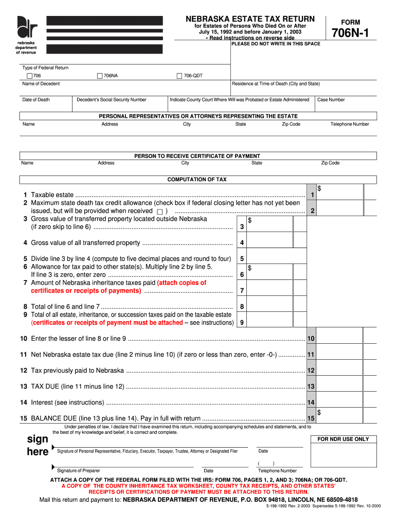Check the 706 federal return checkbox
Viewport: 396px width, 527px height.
[x=29, y=76]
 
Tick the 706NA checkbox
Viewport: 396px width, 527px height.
[x=100, y=76]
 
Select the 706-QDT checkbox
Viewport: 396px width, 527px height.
[x=179, y=76]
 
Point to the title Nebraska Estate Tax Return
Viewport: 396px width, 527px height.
[x=249, y=19]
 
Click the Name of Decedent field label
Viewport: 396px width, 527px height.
[x=41, y=83]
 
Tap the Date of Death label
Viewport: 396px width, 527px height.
[x=36, y=100]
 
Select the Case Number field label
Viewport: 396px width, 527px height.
[x=331, y=100]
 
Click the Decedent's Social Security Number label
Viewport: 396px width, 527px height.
[x=112, y=100]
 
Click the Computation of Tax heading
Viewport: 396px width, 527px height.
[x=197, y=180]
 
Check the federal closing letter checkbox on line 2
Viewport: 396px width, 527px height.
[x=159, y=212]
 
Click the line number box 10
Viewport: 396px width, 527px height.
[x=311, y=339]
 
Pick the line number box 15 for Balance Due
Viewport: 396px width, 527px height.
[x=311, y=419]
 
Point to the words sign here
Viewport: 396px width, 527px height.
[x=37, y=445]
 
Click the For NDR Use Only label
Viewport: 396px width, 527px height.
[x=343, y=439]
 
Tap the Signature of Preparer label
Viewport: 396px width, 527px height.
[x=78, y=470]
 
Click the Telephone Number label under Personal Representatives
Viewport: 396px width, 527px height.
[x=349, y=124]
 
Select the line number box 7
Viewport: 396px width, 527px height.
[x=242, y=291]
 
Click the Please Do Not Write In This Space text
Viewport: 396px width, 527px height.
[x=276, y=44]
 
